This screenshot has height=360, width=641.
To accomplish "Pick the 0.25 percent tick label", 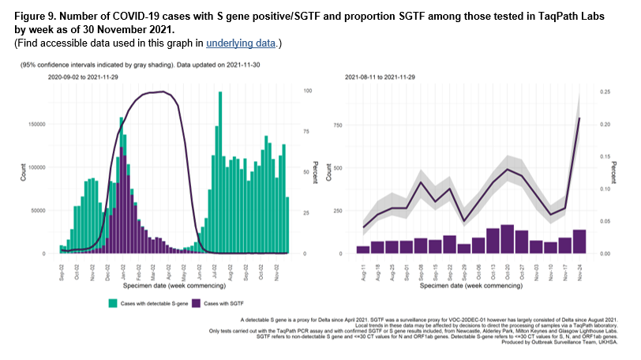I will [605, 92].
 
